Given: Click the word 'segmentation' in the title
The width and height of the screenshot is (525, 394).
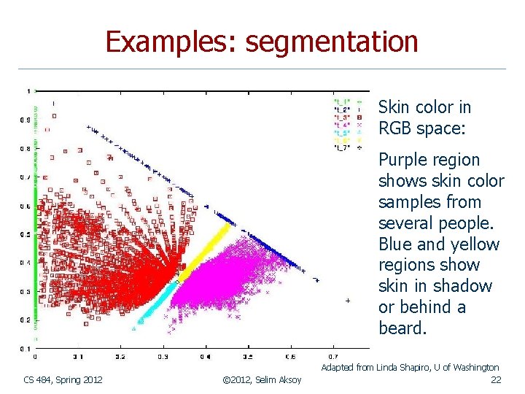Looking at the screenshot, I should (x=332, y=42).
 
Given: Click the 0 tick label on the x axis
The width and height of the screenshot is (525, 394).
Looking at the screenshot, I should (x=35, y=357).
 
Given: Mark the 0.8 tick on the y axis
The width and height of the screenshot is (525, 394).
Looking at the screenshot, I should (x=26, y=148).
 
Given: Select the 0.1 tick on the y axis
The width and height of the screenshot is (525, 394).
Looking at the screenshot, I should (x=26, y=348).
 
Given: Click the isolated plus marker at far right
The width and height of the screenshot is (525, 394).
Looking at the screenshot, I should (x=348, y=301).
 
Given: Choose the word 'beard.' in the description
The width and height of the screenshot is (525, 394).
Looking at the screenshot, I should (x=402, y=328).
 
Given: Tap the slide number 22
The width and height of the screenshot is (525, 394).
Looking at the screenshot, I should (x=496, y=379).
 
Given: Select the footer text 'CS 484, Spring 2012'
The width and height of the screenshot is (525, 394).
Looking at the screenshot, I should (x=63, y=379).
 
